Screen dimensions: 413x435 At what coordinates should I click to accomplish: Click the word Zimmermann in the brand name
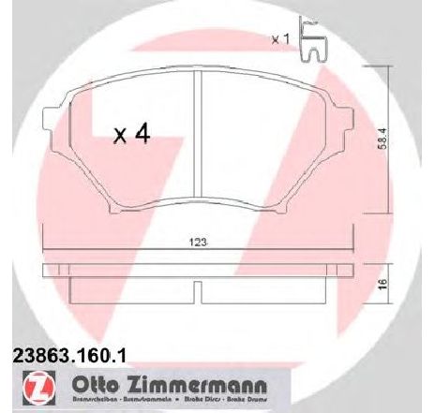point(198,384)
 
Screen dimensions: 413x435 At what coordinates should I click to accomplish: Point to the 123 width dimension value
point(199,243)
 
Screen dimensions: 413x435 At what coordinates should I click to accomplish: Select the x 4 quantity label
point(131,136)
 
